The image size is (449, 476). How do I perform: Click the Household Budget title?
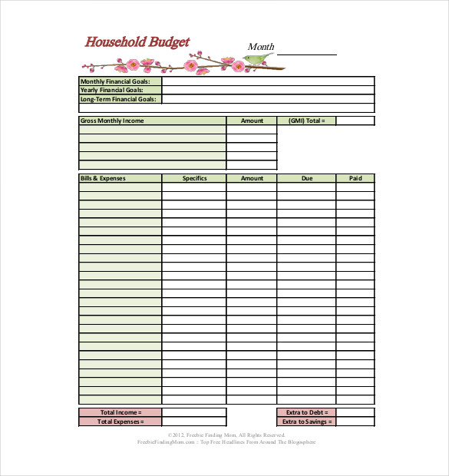tap(137, 42)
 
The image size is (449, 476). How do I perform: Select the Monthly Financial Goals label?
tap(121, 81)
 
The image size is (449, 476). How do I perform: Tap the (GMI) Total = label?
tap(306, 121)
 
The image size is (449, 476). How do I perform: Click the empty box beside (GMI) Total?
tap(355, 121)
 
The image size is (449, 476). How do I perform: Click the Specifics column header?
tap(194, 178)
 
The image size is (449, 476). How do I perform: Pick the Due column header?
tap(306, 178)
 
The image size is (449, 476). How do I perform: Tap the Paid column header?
tap(355, 178)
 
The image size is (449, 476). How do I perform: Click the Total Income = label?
tap(121, 412)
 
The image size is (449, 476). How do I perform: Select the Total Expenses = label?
tap(121, 421)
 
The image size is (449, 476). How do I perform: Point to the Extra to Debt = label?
tap(306, 412)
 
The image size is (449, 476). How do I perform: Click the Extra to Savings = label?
tap(306, 421)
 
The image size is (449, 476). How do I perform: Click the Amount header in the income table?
tap(252, 121)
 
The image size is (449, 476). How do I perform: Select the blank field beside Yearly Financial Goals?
tap(268, 90)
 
